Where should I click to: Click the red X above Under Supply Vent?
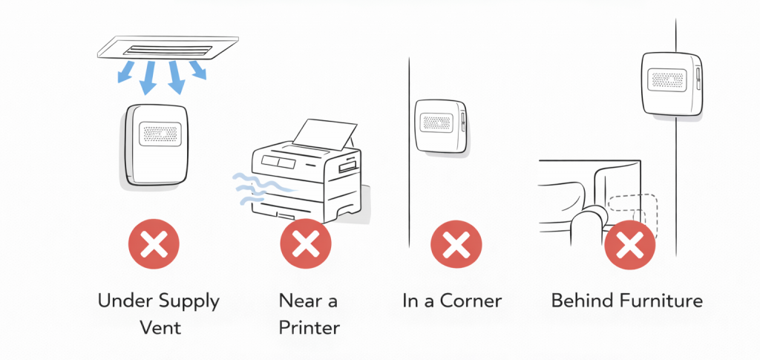154,243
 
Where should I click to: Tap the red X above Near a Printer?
304,243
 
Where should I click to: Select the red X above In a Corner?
456,243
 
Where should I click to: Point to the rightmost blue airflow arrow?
198,71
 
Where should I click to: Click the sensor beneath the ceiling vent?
161,144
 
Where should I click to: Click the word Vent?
160,327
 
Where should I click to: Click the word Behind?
577,301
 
